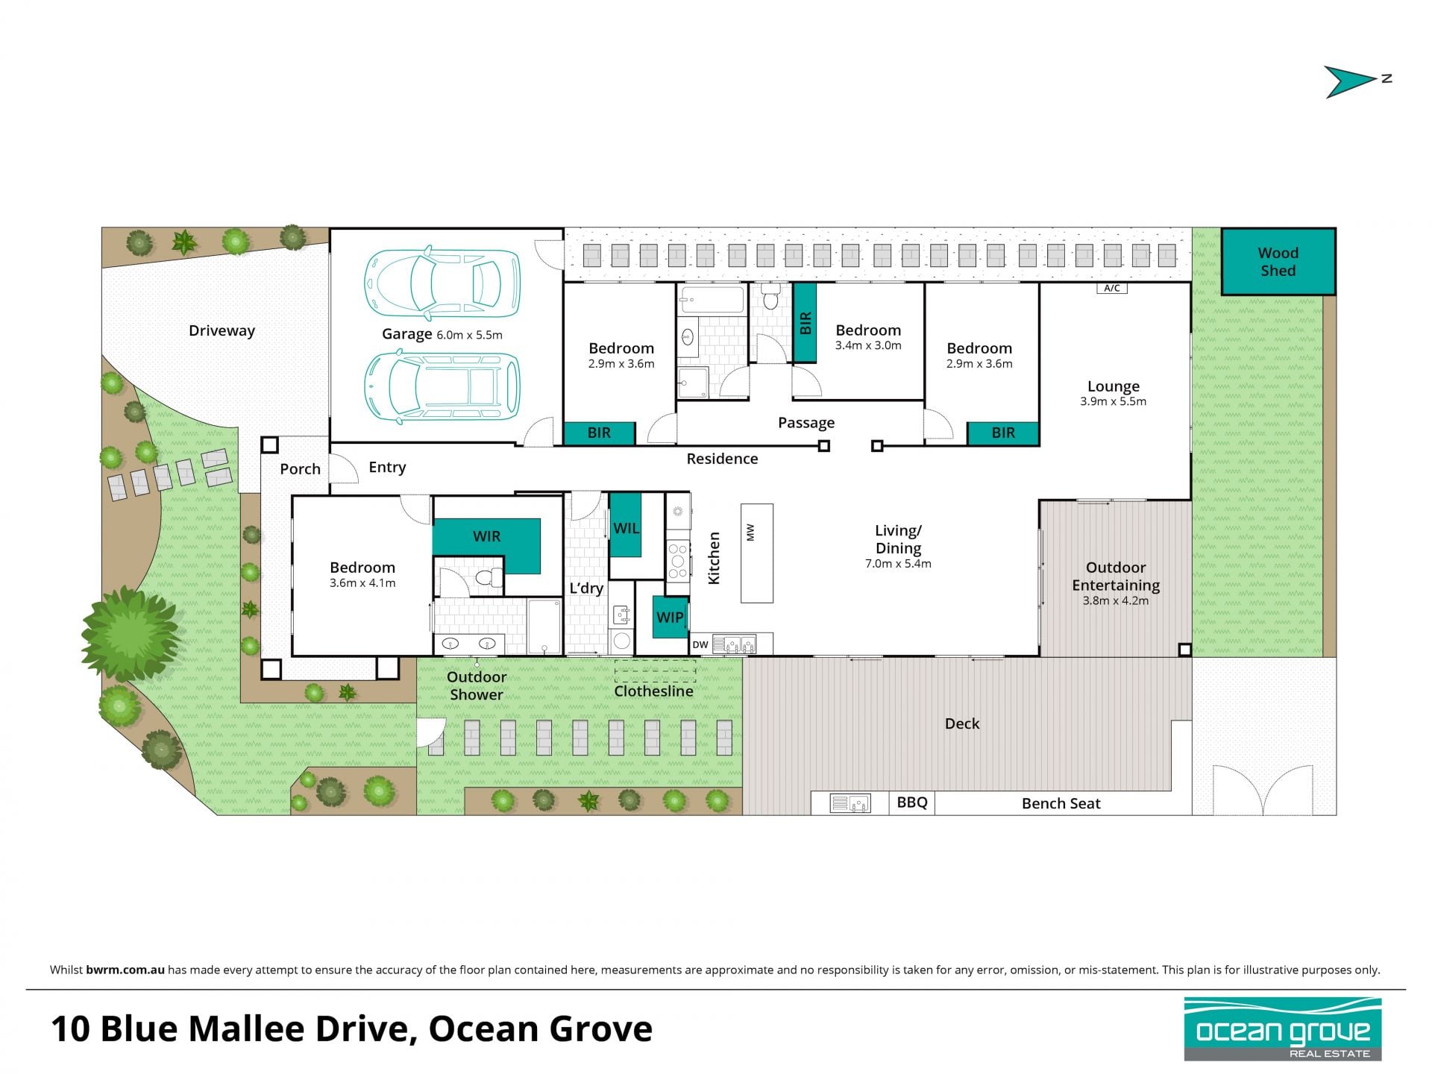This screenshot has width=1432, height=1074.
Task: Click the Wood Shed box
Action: pos(1278,262)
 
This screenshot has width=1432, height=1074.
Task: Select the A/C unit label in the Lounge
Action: pos(1111,288)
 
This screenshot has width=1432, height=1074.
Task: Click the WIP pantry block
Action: pos(670,617)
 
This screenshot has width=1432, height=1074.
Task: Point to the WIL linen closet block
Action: pos(625,525)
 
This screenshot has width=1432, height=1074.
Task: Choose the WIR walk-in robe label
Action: pos(486,536)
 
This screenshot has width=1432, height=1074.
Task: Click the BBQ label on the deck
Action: pos(912,803)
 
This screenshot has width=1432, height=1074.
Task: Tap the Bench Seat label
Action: pos(1061,803)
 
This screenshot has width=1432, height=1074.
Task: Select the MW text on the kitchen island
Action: pos(751,533)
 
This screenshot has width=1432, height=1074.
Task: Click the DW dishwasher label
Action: pos(700,644)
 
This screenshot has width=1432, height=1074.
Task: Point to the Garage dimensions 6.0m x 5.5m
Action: pos(469,336)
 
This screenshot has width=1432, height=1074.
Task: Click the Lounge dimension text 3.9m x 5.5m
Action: pos(1113,401)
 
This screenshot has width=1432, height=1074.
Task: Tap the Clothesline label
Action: pos(653,691)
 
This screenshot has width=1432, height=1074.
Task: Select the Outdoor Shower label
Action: pos(477,685)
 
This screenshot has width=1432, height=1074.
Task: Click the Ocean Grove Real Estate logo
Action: pos(1283,1029)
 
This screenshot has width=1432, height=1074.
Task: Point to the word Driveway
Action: pos(222,330)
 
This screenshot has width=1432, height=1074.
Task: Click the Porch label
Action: pos(300,468)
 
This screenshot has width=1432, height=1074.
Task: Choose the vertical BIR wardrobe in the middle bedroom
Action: pos(804,322)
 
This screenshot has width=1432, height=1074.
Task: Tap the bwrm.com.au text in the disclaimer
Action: pos(125,970)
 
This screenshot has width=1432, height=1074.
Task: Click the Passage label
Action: pos(806,423)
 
